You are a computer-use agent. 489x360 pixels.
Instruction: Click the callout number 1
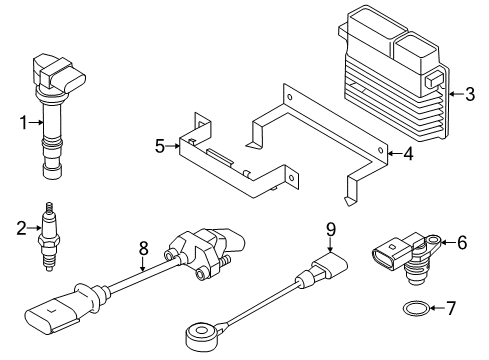tap(23, 123)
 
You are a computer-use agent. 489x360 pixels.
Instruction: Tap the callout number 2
tap(21, 228)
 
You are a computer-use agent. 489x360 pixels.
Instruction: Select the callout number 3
tap(470, 94)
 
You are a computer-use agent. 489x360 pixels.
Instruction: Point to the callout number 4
tap(408, 154)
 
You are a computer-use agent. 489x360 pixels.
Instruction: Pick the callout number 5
tap(160, 146)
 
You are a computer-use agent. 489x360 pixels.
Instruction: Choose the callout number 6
tap(462, 242)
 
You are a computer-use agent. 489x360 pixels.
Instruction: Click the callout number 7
tap(451, 308)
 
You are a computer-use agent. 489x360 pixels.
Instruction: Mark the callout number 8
tap(143, 248)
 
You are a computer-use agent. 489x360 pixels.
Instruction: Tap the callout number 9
tap(331, 229)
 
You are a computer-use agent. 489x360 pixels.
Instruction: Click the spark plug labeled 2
tap(49, 237)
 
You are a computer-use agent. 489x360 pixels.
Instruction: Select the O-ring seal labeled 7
tap(416, 308)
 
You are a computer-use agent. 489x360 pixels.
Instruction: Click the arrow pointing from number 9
tap(330, 245)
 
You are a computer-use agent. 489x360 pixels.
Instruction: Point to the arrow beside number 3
tap(456, 94)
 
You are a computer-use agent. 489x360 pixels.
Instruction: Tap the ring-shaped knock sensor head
tap(199, 332)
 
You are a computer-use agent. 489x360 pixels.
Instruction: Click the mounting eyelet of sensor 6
tap(433, 240)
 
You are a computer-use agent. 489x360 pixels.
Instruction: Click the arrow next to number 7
tap(437, 308)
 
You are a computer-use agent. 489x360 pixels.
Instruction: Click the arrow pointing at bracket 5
tap(173, 146)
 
